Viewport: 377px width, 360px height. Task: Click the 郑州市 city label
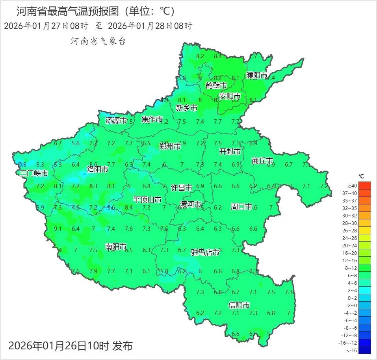click(x=170, y=146)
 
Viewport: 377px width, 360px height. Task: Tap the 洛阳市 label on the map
click(x=97, y=169)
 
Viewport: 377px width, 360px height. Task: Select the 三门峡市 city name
click(x=34, y=173)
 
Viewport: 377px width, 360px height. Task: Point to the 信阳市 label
click(x=239, y=305)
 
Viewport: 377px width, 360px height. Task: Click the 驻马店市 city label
click(x=205, y=252)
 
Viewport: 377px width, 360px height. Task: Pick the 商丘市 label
click(x=262, y=161)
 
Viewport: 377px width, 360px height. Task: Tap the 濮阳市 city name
click(x=257, y=75)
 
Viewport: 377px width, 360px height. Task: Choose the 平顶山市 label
click(x=147, y=200)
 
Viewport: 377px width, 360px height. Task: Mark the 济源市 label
click(x=116, y=121)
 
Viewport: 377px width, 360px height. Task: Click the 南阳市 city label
click(x=116, y=247)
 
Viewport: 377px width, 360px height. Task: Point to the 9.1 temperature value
click(x=58, y=228)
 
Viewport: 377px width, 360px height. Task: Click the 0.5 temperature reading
click(x=22, y=164)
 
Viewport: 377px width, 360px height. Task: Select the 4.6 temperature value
click(x=76, y=207)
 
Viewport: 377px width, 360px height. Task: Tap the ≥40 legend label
click(x=353, y=186)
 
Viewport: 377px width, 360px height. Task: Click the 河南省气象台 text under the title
click(x=98, y=41)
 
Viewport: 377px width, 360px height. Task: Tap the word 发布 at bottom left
click(x=123, y=346)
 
